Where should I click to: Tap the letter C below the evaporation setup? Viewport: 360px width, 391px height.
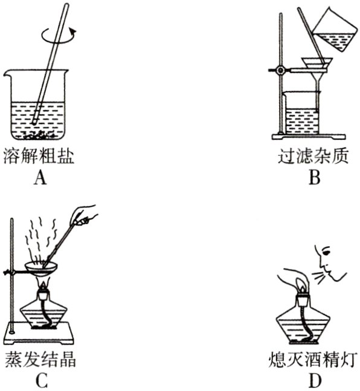pos(41,380)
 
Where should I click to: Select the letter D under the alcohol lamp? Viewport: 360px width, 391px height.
pos(314,380)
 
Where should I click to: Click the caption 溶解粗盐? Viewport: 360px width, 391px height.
pos(41,157)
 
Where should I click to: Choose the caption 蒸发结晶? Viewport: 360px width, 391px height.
pos(41,360)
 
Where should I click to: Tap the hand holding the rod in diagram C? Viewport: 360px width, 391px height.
pos(88,213)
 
